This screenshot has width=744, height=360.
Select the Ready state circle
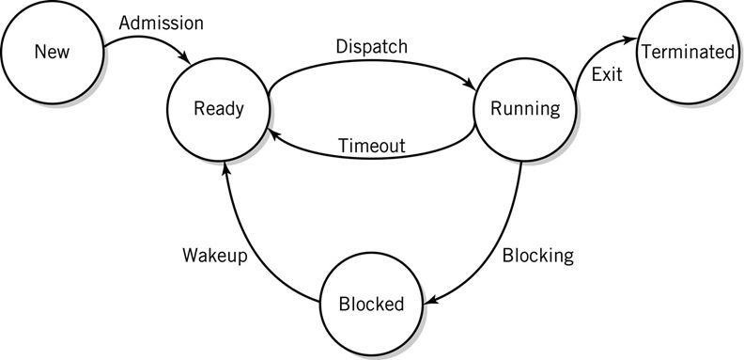218,109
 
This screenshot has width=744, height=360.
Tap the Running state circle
525,109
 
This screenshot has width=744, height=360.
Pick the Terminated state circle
687,53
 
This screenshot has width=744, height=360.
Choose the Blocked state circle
371,304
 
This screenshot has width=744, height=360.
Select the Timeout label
371,146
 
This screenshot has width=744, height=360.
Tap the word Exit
607,73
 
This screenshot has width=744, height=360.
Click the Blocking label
537,255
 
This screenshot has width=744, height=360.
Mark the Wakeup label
214,256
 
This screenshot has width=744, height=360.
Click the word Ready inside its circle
218,109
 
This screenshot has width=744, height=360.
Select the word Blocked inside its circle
371,304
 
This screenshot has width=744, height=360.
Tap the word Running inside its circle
525,109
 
